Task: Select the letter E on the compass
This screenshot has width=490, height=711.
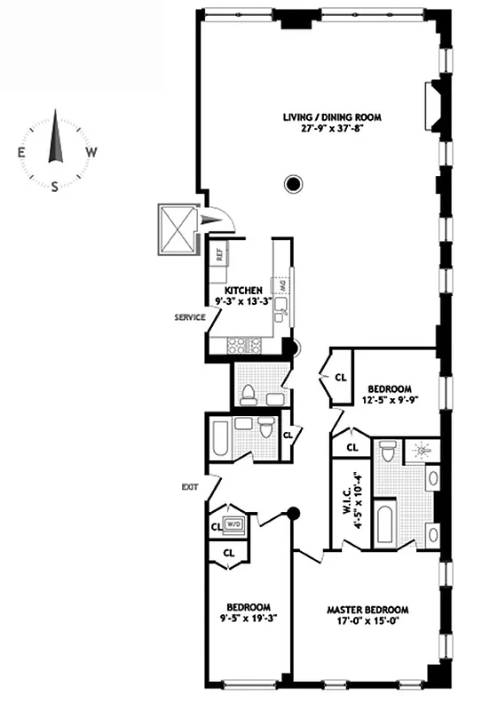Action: [20, 152]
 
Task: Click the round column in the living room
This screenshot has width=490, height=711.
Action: [292, 184]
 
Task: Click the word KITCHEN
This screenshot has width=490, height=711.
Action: [242, 290]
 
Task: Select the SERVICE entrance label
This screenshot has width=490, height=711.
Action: [189, 316]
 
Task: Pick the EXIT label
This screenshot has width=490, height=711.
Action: [189, 486]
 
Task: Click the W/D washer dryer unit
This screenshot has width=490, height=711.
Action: [234, 525]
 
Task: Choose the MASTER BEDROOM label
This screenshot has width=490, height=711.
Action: [367, 610]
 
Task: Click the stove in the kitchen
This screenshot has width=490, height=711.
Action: [242, 343]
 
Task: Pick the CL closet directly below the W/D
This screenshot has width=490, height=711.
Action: [228, 552]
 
